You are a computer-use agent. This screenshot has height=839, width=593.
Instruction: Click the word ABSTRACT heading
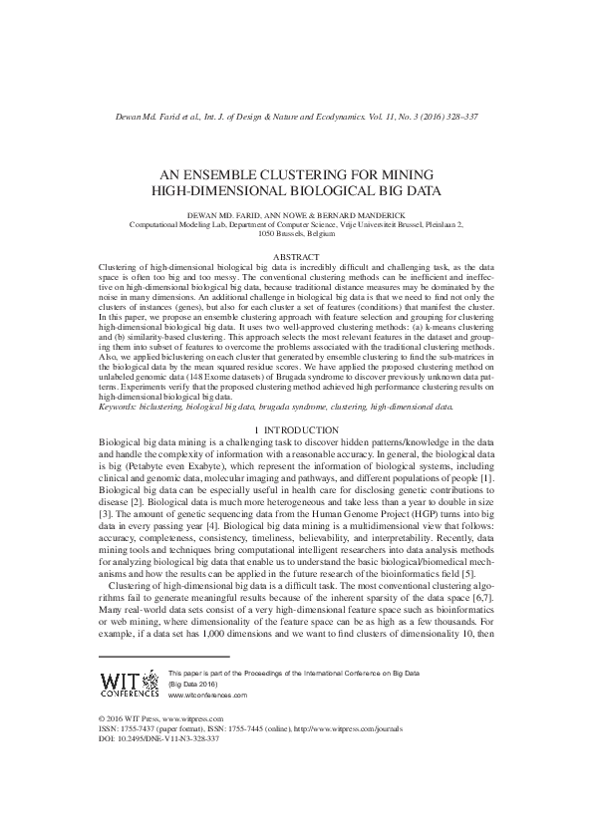296,257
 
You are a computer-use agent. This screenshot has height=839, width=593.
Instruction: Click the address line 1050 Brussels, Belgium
296,234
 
